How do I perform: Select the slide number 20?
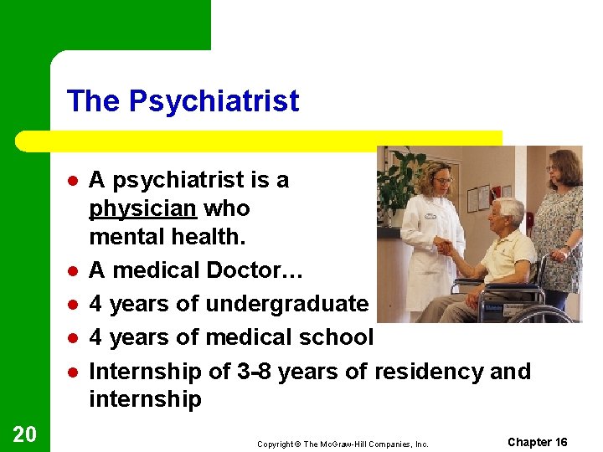click(25, 433)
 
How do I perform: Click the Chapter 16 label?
click(537, 442)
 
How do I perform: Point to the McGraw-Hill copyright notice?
click(343, 444)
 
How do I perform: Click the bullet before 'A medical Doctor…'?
click(74, 270)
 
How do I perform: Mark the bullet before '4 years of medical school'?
click(74, 337)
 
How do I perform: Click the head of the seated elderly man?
click(508, 213)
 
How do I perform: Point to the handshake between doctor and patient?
click(446, 248)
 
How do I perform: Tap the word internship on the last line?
click(145, 399)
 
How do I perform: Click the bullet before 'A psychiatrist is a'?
click(74, 180)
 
